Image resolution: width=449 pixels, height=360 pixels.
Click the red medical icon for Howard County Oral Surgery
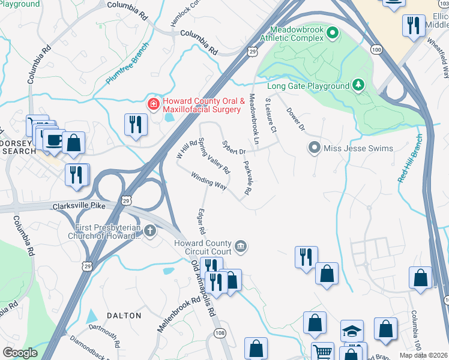click(154, 104)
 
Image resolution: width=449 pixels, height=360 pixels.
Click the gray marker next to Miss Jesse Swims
click(314, 148)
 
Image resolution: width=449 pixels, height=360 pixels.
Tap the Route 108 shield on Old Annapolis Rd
click(220, 332)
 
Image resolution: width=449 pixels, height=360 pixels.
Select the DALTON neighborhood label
click(124, 316)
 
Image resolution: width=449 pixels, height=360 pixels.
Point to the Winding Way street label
click(208, 181)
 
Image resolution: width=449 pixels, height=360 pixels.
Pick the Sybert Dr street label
click(234, 148)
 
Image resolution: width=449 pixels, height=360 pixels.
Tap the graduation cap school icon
click(352, 330)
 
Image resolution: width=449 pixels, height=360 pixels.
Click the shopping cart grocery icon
click(323, 352)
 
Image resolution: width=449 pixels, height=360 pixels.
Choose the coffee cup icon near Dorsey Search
click(53, 139)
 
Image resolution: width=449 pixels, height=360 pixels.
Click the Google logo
click(20, 353)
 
